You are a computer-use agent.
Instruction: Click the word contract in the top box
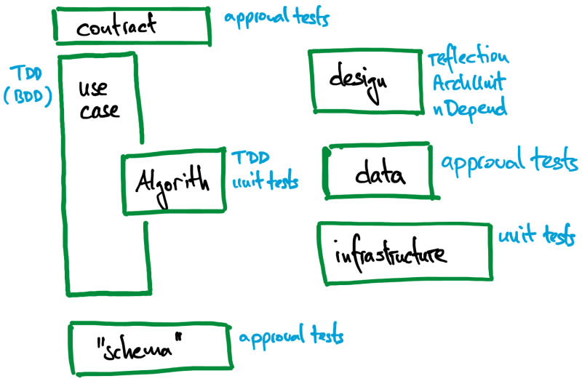[x=116, y=28]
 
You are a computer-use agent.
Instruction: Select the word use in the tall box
[x=93, y=89]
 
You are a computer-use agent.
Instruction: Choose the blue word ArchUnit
[x=469, y=82]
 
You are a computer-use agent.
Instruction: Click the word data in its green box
[x=380, y=175]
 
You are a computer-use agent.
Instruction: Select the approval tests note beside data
[x=509, y=162]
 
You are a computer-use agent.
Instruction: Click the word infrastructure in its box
[x=390, y=255]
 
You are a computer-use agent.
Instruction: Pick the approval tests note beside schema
[x=291, y=337]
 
